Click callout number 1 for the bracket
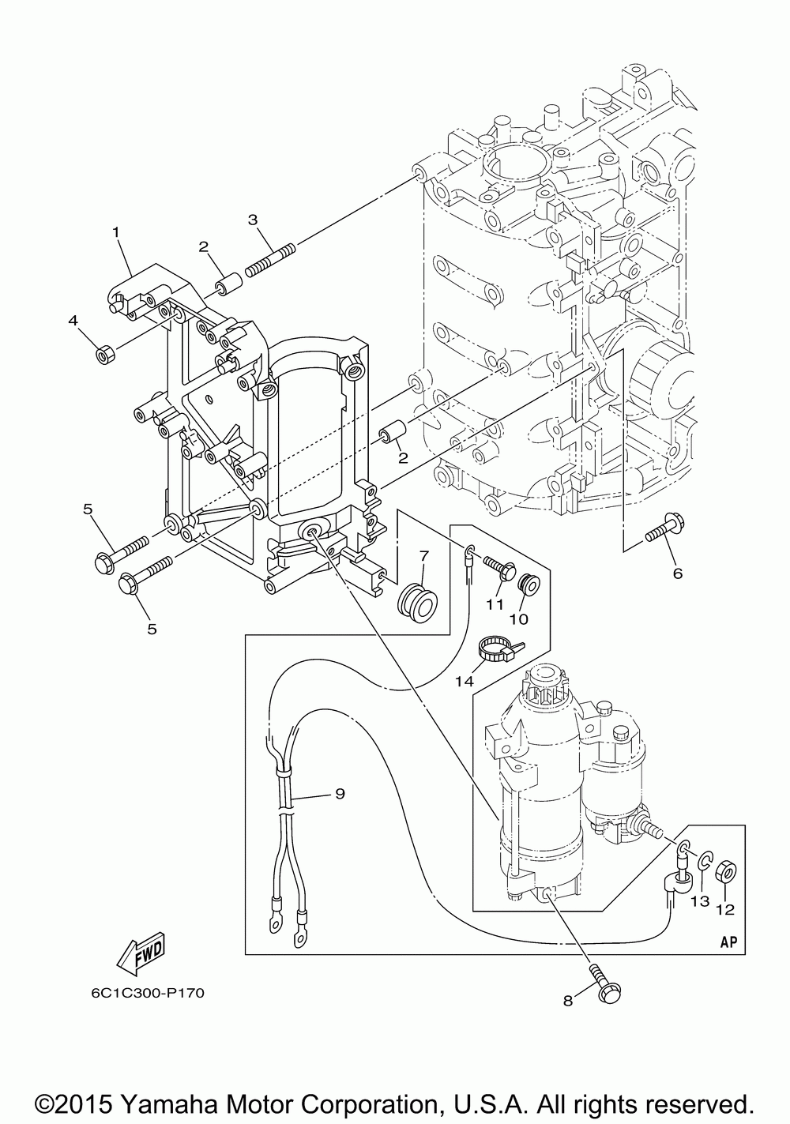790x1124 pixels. point(116,231)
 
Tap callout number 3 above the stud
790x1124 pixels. point(253,220)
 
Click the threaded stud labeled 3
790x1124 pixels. point(271,259)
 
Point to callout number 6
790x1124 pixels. point(678,573)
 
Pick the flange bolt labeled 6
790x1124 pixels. point(661,530)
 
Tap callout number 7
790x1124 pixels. point(423,556)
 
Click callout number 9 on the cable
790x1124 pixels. point(340,793)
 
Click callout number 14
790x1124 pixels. point(465,681)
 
